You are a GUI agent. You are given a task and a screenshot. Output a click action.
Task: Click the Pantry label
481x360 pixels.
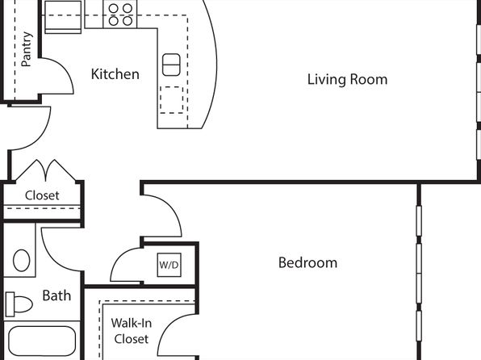(x=27, y=49)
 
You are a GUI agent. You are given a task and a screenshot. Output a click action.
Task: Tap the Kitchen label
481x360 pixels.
(x=115, y=74)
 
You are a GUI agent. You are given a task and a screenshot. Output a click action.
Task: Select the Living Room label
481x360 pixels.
(x=347, y=79)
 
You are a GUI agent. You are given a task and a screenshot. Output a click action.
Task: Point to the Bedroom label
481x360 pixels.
(x=307, y=262)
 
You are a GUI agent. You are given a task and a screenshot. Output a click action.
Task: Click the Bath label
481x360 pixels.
(x=56, y=295)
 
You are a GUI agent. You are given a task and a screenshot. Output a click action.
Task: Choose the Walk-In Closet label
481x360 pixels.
(x=132, y=331)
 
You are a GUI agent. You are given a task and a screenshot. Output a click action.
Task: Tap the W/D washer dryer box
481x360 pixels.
(x=169, y=265)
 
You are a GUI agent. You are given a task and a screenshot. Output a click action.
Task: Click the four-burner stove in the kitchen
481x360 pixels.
(x=120, y=14)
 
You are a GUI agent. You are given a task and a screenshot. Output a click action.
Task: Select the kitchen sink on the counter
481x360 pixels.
(x=171, y=65)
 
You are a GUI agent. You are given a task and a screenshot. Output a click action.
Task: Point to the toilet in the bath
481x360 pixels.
(x=19, y=304)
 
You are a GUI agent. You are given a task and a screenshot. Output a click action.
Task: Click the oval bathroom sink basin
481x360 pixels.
(x=22, y=260)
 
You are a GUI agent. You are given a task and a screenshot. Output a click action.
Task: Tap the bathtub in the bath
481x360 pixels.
(x=42, y=341)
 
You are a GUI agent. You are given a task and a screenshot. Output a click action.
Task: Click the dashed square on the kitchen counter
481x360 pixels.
(x=171, y=100)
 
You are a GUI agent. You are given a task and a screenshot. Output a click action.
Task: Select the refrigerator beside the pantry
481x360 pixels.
(x=63, y=16)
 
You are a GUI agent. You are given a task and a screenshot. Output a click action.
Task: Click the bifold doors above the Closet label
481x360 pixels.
(x=46, y=170)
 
